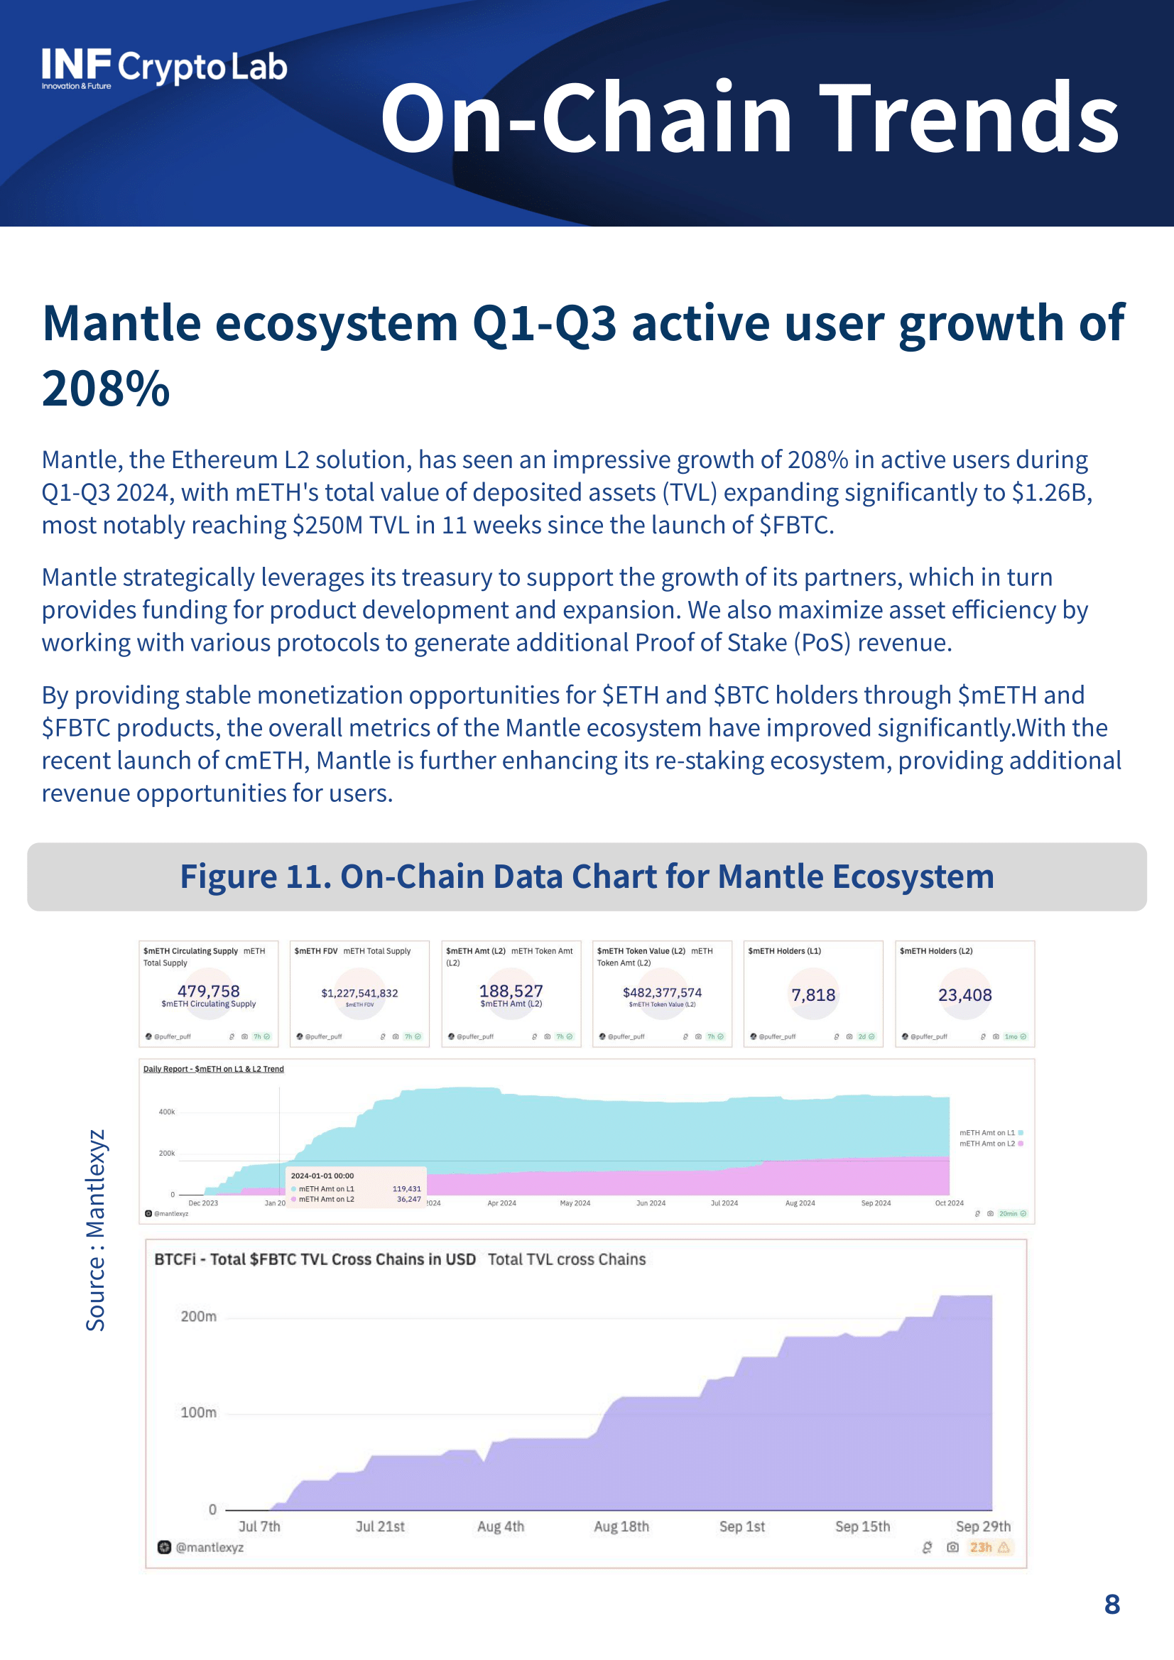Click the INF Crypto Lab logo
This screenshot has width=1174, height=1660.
[x=163, y=68]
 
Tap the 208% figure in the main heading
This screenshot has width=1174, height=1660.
[x=106, y=389]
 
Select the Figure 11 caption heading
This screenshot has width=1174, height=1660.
[x=586, y=877]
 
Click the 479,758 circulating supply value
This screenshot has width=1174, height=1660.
[x=208, y=990]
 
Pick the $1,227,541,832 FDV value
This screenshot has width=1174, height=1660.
[x=359, y=993]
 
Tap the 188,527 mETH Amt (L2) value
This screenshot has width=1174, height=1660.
[x=511, y=990]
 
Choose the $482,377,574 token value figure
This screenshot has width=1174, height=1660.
[x=661, y=993]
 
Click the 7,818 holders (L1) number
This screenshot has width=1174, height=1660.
[x=812, y=995]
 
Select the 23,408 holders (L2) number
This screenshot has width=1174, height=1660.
[x=964, y=995]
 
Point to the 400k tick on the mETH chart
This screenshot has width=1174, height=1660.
[x=166, y=1111]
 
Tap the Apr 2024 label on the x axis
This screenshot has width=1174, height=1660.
[x=501, y=1203]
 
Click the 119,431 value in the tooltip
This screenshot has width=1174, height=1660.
[x=406, y=1188]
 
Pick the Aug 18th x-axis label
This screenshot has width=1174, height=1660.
[x=621, y=1526]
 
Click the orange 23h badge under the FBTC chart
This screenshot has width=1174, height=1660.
[x=981, y=1547]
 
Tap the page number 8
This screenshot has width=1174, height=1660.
[x=1112, y=1605]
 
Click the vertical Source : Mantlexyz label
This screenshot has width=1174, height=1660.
[x=95, y=1229]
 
